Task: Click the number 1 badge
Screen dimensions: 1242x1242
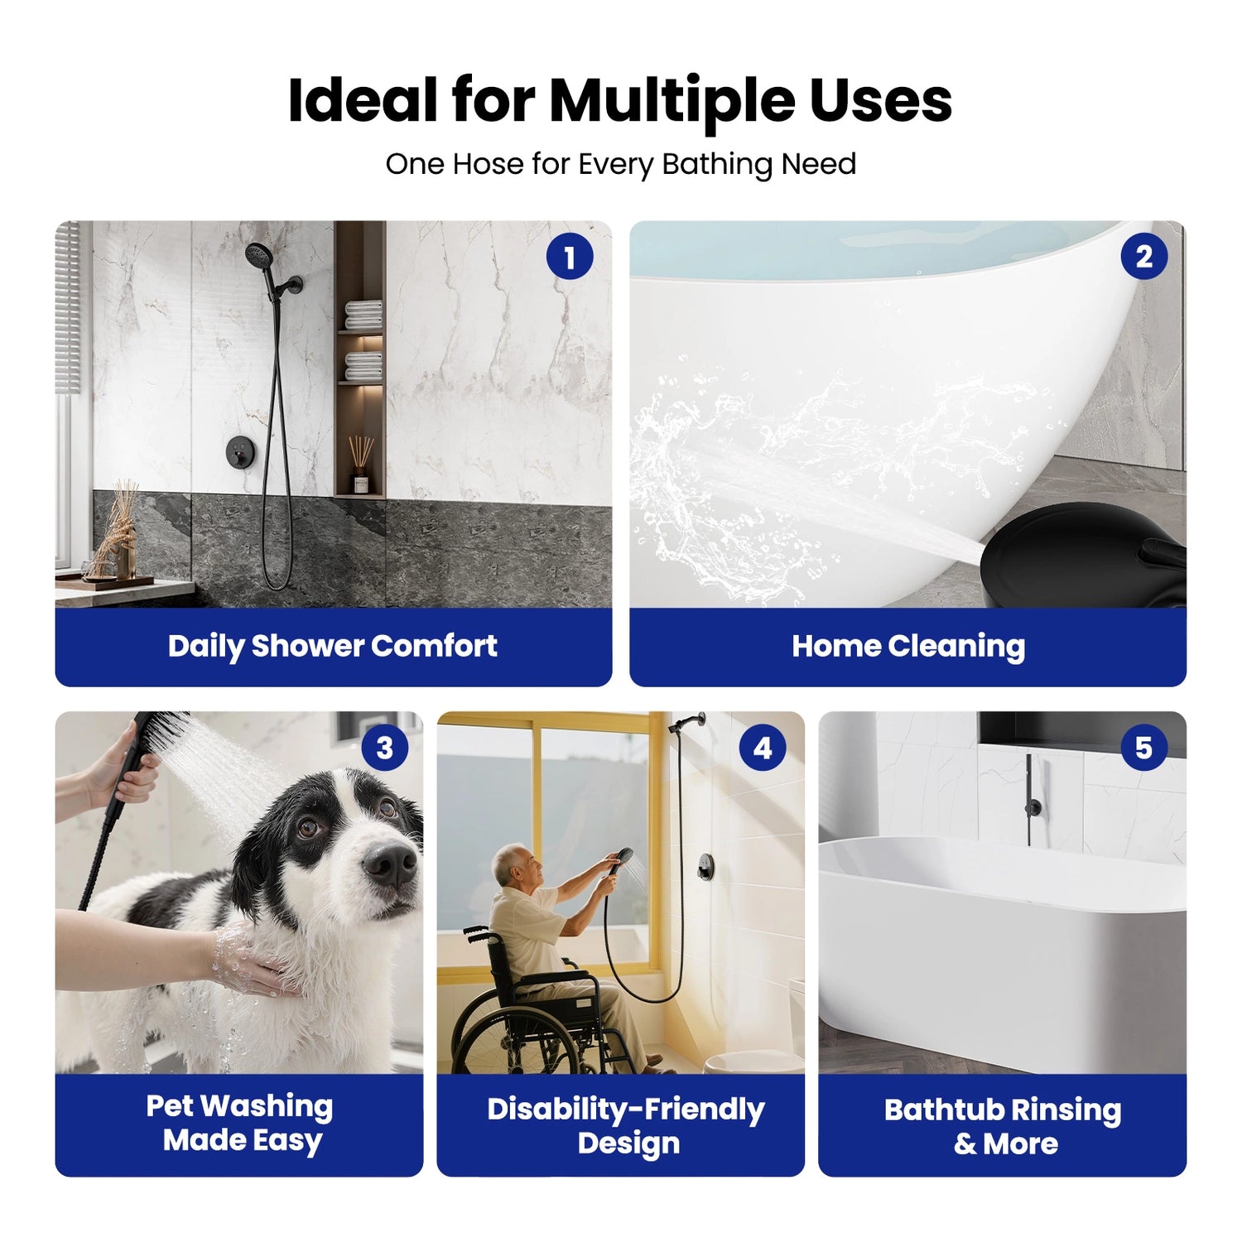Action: coord(570,257)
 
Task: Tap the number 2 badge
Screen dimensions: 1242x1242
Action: coord(1143,257)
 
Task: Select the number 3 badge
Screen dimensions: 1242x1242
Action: coord(384,748)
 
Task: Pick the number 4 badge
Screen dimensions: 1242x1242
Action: coord(762,748)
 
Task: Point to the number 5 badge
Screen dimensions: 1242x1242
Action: coord(1143,748)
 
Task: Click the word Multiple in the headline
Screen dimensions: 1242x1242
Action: coord(672,102)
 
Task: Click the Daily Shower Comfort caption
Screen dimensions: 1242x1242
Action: coord(333,646)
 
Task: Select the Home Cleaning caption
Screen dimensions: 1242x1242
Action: coord(907,646)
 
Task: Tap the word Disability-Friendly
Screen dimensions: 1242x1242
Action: coord(625,1110)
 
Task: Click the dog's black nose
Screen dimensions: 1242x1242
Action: coord(390,863)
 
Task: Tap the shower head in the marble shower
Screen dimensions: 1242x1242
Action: coord(258,254)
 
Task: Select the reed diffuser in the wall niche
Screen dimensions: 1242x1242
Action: coord(361,465)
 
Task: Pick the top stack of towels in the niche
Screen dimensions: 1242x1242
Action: coord(363,315)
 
